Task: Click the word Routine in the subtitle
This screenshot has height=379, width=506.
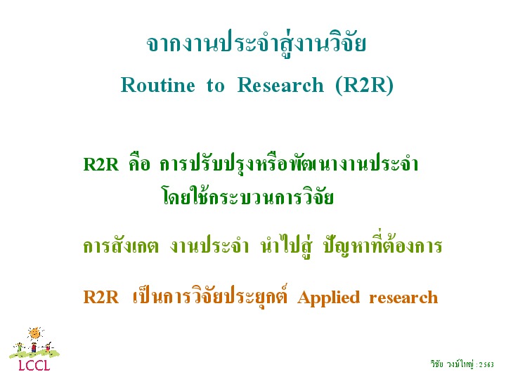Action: (x=158, y=86)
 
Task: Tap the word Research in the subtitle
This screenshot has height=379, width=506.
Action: (x=280, y=86)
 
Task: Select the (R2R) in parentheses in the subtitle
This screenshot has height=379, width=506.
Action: (x=364, y=86)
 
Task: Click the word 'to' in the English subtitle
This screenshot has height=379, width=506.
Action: (x=215, y=86)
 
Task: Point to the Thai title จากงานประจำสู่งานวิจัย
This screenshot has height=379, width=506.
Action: (x=257, y=44)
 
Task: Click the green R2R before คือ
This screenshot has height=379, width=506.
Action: (x=101, y=164)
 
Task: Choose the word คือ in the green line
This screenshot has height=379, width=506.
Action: (x=139, y=163)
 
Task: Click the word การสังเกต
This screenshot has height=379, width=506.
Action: (x=121, y=246)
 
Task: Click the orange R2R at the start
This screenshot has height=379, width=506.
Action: (x=101, y=297)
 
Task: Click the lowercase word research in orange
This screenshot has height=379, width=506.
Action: (x=403, y=298)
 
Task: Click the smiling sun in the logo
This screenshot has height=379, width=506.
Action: (x=35, y=333)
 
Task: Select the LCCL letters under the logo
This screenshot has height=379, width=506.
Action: (x=34, y=366)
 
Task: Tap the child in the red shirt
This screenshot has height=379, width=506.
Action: (x=34, y=347)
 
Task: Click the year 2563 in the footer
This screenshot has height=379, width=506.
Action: (x=486, y=364)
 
